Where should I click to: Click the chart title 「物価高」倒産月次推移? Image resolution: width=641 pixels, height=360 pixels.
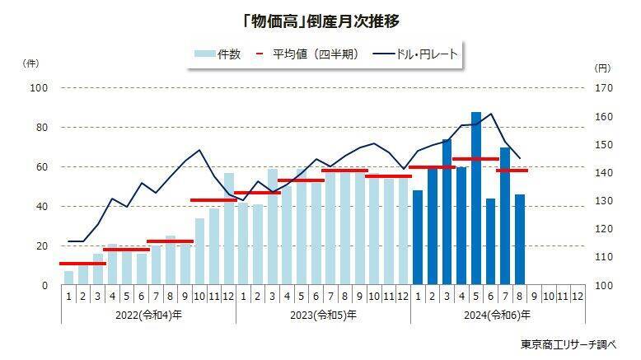(320, 17)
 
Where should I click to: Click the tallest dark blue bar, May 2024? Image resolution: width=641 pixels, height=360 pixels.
(476, 198)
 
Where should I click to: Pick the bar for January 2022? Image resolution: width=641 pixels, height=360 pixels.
(68, 278)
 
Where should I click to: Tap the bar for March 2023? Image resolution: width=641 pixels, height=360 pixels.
(273, 227)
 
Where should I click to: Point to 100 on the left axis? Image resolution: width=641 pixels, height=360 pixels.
(39, 87)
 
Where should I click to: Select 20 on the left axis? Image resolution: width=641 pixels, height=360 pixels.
(42, 246)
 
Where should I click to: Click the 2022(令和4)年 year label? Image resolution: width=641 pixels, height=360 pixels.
(148, 315)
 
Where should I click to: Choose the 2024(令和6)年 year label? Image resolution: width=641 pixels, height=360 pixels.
(498, 315)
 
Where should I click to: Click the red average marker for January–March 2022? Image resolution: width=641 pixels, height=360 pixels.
(82, 264)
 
